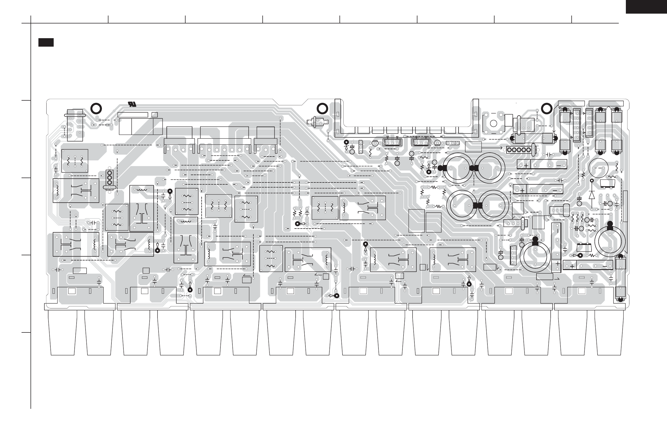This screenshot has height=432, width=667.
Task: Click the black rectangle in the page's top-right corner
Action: point(646,7)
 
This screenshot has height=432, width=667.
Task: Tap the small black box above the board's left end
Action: point(46,42)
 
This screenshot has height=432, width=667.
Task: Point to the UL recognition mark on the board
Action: point(132,104)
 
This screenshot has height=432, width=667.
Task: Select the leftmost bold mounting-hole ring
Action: point(96,108)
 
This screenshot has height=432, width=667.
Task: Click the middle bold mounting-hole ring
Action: point(322,109)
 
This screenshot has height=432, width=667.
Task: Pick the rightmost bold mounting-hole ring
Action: point(547,109)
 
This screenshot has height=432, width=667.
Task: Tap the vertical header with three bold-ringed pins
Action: point(110,177)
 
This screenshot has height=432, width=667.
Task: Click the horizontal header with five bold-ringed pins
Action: point(519,150)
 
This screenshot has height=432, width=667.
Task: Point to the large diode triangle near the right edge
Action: point(592,194)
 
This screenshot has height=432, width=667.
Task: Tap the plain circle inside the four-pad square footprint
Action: point(493,124)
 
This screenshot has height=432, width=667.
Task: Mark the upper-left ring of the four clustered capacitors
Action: point(458,168)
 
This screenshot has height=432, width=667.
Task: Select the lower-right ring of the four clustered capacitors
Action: point(494,206)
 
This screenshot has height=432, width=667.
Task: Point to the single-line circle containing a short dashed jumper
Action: point(598,168)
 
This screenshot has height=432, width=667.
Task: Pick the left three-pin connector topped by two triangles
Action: point(392,143)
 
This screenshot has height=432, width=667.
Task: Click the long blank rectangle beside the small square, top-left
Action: point(133,115)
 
